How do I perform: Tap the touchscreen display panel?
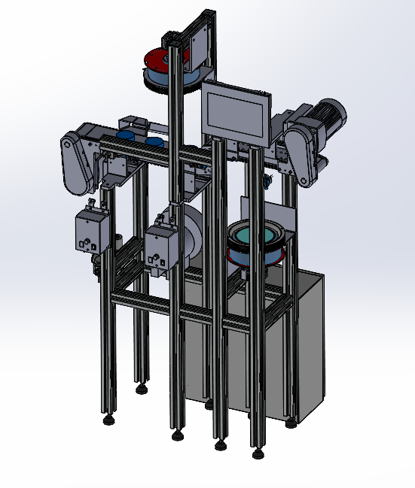point(235,113)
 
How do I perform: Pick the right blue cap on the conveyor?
point(154,141)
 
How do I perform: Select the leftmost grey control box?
point(91,231)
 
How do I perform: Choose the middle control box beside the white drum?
point(161,246)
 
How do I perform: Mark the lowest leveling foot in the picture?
point(258,453)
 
